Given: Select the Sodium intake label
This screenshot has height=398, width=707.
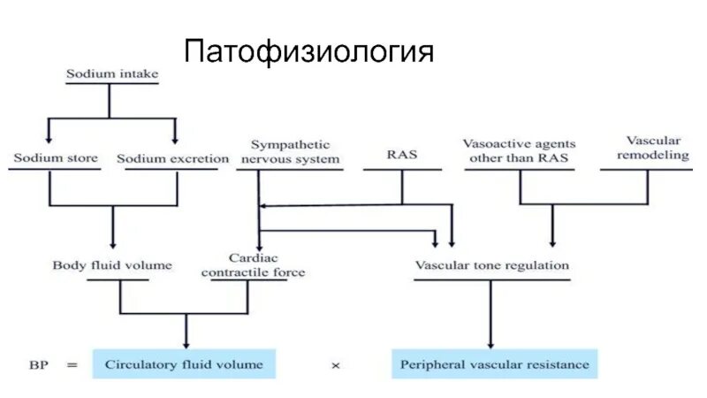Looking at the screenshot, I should [x=112, y=74].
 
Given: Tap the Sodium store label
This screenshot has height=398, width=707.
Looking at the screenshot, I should [x=49, y=159].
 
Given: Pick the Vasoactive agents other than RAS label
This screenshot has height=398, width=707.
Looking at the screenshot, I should [x=519, y=152].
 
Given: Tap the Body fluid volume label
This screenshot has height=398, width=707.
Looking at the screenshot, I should [x=112, y=265].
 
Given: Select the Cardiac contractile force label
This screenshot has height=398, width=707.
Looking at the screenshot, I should [x=253, y=265].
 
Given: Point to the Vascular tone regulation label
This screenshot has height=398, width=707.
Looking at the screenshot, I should [x=492, y=265].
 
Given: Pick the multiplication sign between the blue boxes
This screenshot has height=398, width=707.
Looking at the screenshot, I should [x=335, y=364].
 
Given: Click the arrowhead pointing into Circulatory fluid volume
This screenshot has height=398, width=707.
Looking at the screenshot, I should [x=186, y=343].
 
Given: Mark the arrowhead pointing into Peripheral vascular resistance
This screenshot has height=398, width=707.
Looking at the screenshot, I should [x=489, y=343].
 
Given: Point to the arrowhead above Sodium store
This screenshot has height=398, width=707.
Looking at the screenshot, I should [x=49, y=139].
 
